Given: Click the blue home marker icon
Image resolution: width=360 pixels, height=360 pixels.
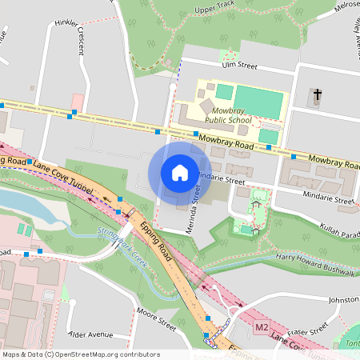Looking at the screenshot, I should (x=180, y=173).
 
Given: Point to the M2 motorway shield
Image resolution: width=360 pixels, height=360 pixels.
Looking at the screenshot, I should (x=262, y=328).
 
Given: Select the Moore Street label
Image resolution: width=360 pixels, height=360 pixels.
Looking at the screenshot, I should (x=155, y=318).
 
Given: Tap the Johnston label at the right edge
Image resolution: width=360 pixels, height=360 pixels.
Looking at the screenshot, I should (x=343, y=300).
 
